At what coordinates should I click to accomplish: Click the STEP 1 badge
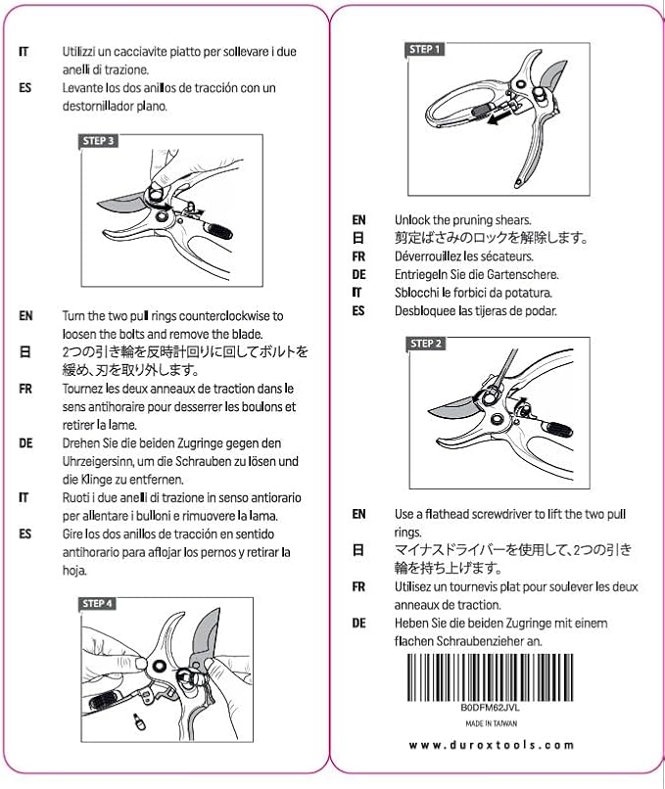[425, 49]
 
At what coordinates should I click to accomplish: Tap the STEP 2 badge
[427, 344]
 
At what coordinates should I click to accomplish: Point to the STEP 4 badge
[97, 603]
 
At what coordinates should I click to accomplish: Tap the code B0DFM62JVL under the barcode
[490, 706]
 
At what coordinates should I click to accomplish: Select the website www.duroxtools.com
[490, 745]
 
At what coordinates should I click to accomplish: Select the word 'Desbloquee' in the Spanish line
[428, 310]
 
